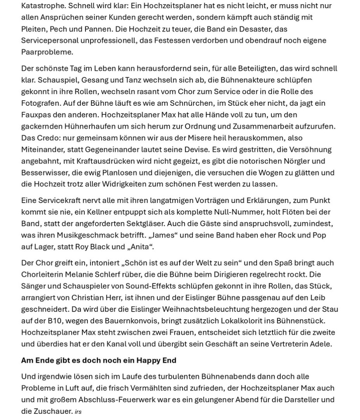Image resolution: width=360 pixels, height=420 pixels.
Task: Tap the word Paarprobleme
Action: (46, 52)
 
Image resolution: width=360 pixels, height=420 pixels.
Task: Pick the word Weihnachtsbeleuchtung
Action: (206, 310)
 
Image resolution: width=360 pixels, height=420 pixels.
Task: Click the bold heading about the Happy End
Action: (99, 360)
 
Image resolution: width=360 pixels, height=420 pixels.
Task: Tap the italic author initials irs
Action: (78, 412)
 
